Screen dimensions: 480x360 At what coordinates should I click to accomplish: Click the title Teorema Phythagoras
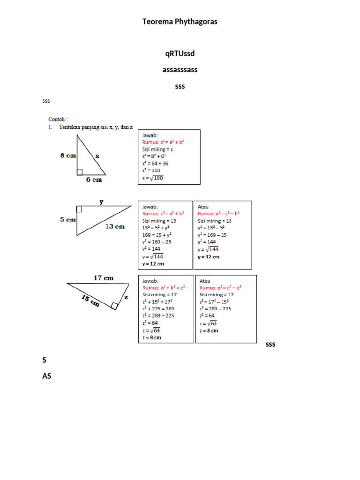pyautogui.click(x=180, y=22)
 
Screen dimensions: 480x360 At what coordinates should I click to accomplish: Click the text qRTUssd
pyautogui.click(x=180, y=54)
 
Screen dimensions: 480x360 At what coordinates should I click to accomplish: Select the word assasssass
pyautogui.click(x=180, y=70)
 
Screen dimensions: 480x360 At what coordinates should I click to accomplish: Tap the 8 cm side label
pyautogui.click(x=68, y=156)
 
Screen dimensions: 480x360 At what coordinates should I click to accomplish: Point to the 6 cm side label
pyautogui.click(x=94, y=180)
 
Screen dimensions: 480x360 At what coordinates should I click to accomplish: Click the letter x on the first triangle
pyautogui.click(x=97, y=156)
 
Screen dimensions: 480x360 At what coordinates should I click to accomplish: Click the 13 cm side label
pyautogui.click(x=115, y=226)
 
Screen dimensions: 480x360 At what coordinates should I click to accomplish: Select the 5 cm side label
pyautogui.click(x=68, y=219)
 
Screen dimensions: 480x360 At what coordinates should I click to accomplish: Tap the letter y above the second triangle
pyautogui.click(x=101, y=202)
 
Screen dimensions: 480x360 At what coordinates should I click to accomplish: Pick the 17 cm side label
pyautogui.click(x=104, y=277)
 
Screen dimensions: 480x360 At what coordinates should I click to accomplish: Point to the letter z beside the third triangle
pyautogui.click(x=126, y=297)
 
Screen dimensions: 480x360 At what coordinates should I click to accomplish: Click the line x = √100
pyautogui.click(x=153, y=178)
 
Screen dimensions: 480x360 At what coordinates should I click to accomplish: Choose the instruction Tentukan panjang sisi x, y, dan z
pyautogui.click(x=96, y=127)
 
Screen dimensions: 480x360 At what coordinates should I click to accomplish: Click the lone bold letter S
pyautogui.click(x=45, y=360)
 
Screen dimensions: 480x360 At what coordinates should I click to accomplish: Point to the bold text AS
pyautogui.click(x=46, y=376)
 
